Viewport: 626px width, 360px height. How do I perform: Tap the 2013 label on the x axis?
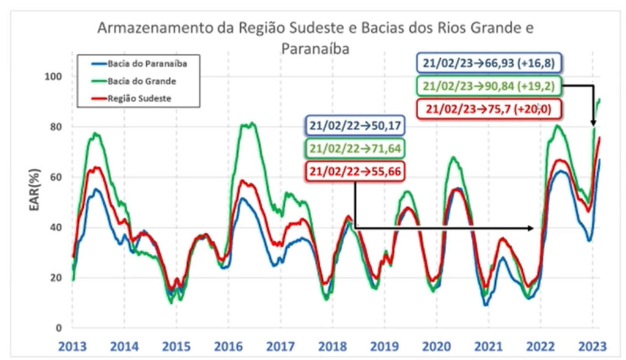72,345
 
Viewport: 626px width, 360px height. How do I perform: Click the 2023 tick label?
592,345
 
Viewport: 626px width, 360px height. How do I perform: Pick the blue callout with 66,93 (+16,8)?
489,62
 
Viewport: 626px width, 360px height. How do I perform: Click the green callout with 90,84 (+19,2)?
489,86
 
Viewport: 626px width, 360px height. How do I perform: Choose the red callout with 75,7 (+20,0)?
489,109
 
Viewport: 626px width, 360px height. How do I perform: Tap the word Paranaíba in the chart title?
315,49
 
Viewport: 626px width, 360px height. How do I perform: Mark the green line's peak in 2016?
248,124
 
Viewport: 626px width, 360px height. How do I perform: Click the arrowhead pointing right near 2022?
531,228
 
